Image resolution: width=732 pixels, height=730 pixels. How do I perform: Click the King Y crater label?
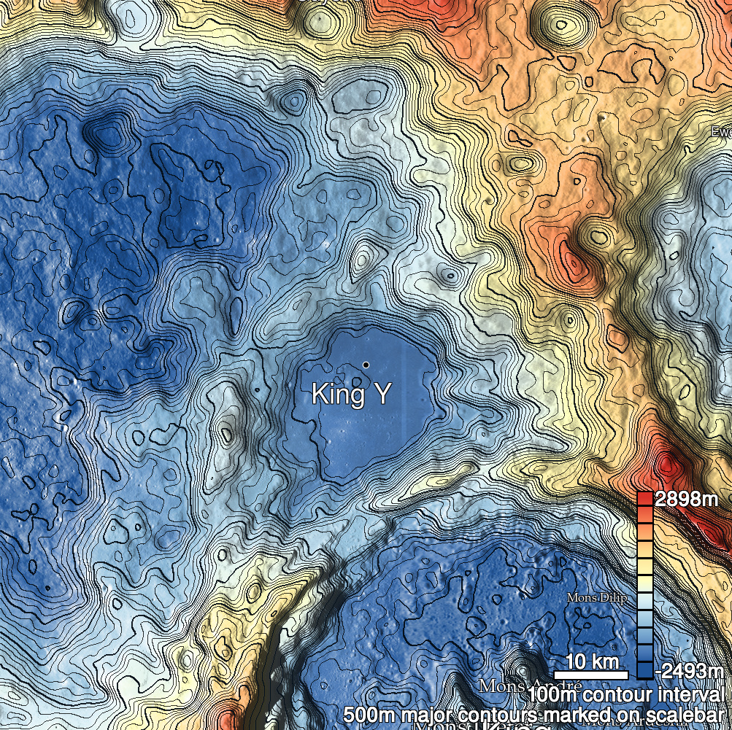[x=351, y=395]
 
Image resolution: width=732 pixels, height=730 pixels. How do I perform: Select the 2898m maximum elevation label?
[x=685, y=500]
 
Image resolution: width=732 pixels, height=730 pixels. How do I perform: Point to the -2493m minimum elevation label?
[x=690, y=670]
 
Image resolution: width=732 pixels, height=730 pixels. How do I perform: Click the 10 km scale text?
[x=590, y=662]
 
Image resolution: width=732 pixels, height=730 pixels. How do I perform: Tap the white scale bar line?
[x=590, y=675]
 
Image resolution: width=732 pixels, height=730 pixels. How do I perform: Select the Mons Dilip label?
[x=597, y=598]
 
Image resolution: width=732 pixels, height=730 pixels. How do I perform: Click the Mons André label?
[x=518, y=686]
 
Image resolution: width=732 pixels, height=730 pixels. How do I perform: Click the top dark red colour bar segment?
[x=644, y=499]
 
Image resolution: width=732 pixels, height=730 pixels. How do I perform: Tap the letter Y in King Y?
[x=382, y=395]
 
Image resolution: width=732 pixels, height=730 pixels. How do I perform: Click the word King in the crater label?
[x=337, y=395]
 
